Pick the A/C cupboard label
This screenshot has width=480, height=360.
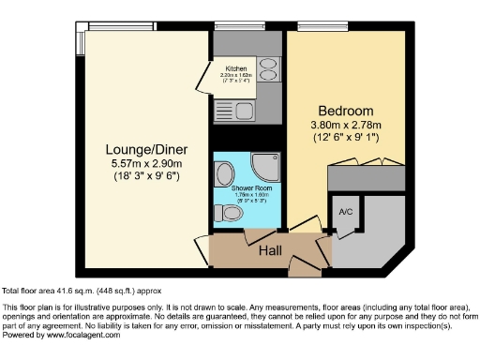[x=343, y=211]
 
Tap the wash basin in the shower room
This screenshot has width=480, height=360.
[x=225, y=174]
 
